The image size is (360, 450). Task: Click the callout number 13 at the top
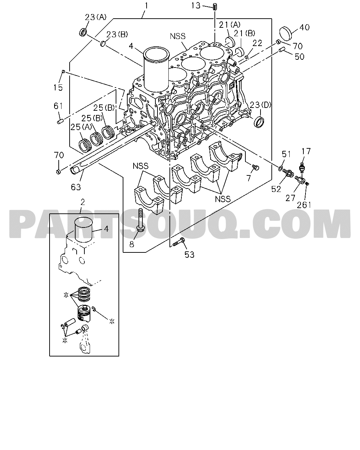pos(196,5)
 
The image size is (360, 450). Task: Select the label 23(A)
pos(96,17)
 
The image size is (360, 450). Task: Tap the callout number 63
pos(76,187)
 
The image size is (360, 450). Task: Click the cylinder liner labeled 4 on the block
pos(156,70)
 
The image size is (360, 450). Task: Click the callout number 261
pos(304,205)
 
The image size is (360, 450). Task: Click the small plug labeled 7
pos(255,167)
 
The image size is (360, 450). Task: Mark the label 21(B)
pos(244,33)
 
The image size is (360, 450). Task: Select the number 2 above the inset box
pos(83,202)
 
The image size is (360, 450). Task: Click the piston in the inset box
pos(83,314)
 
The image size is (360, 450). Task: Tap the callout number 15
pos(58,88)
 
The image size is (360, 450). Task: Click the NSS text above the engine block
pos(178,36)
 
